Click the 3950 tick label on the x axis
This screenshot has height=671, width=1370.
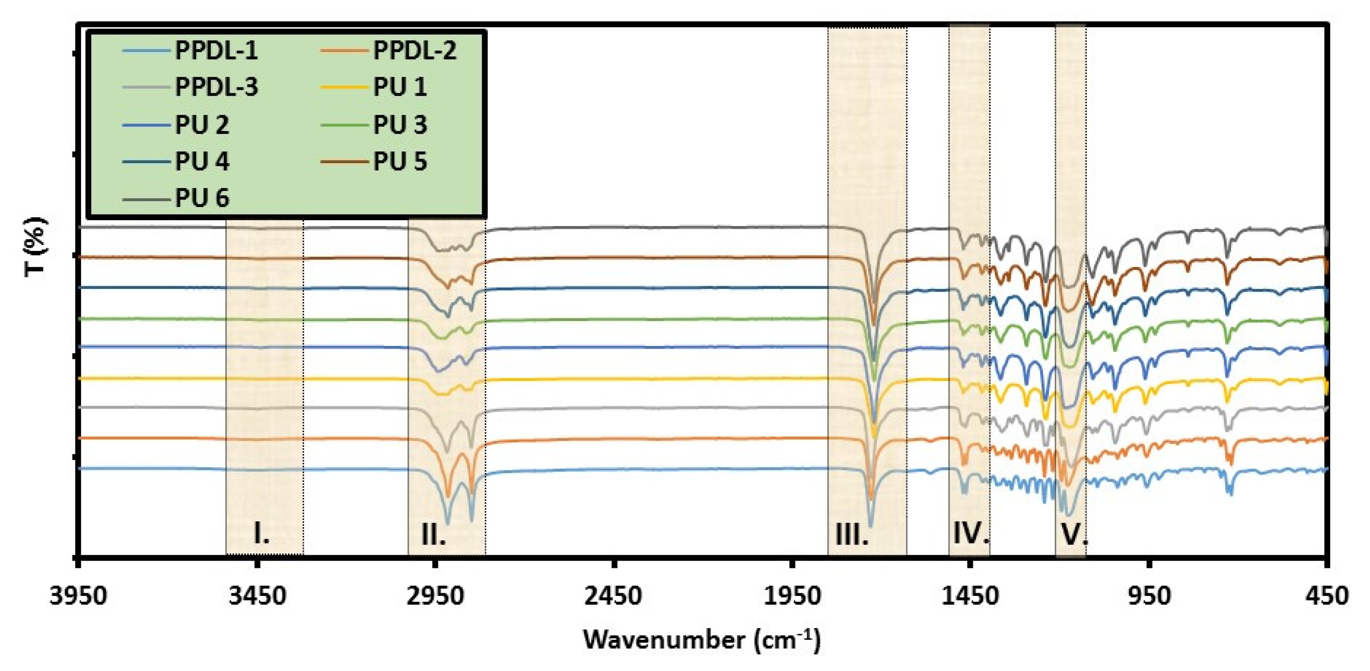click(79, 596)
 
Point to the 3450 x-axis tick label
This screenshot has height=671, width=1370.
click(257, 596)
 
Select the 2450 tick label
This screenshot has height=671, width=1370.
click(614, 596)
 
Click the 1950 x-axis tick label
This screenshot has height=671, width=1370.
click(792, 596)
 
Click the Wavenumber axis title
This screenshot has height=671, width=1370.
click(702, 640)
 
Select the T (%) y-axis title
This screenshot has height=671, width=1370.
click(36, 247)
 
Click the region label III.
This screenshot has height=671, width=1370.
click(852, 534)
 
